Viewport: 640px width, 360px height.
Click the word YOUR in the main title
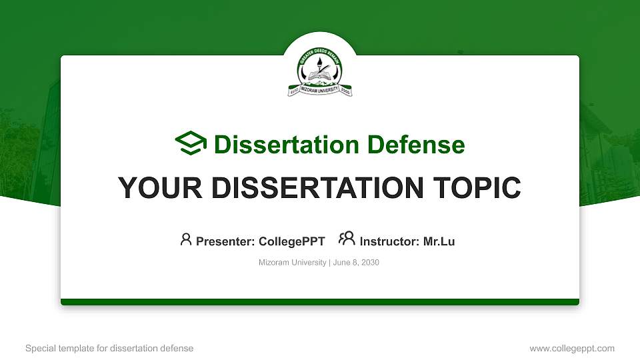click(153, 188)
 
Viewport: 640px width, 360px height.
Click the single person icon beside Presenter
click(186, 239)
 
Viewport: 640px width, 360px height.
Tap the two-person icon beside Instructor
click(347, 239)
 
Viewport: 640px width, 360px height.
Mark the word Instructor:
click(390, 241)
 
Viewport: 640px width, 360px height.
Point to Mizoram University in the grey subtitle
click(292, 263)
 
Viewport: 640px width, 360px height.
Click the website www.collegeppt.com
click(571, 348)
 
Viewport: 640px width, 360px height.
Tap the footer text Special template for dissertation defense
click(109, 348)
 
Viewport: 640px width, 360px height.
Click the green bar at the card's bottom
click(320, 302)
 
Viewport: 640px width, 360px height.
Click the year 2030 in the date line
click(370, 263)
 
